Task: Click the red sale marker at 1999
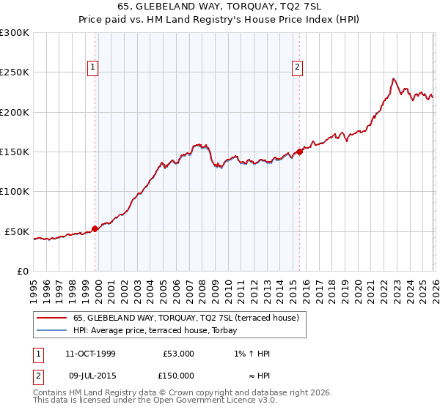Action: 95,228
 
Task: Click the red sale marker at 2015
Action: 299,152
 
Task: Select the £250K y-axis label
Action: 15,72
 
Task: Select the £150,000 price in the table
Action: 179,376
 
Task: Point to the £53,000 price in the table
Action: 179,354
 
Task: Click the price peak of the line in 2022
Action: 394,78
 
